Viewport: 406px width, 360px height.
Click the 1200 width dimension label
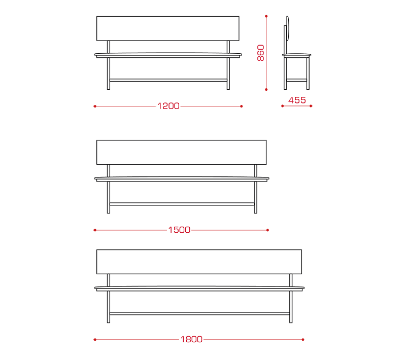click(168, 106)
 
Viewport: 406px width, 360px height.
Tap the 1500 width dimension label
click(179, 230)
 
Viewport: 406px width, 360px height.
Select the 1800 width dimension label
click(191, 339)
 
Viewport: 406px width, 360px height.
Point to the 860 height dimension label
click(260, 53)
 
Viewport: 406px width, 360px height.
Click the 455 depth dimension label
click(297, 100)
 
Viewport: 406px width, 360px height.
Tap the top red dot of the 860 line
click(266, 16)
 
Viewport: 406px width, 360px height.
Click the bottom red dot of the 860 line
click(266, 89)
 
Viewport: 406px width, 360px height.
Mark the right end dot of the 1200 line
click(242, 106)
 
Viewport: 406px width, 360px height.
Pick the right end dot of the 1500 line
click(268, 230)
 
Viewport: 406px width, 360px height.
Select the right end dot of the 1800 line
click(303, 340)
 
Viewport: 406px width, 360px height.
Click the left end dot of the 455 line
click(283, 106)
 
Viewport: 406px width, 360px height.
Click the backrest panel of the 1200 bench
click(168, 28)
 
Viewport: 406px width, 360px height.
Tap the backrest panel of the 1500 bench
click(182, 152)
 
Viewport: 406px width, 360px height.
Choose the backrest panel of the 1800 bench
click(199, 262)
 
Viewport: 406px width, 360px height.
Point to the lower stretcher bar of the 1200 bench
click(168, 80)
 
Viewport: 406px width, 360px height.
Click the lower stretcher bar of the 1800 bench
click(199, 313)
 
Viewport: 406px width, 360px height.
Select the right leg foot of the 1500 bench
click(256, 212)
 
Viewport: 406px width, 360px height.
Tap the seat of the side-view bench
click(296, 55)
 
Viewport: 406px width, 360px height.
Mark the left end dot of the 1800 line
click(95, 340)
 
